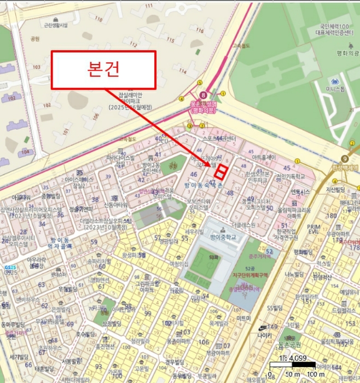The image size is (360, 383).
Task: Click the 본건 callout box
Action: point(103,69)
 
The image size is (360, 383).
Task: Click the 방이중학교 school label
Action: point(223,236)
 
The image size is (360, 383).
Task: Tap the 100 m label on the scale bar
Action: point(316,374)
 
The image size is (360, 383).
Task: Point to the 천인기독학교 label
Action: point(291,176)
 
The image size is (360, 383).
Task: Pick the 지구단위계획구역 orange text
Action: point(250,275)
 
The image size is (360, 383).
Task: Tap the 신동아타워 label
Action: point(115,205)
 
